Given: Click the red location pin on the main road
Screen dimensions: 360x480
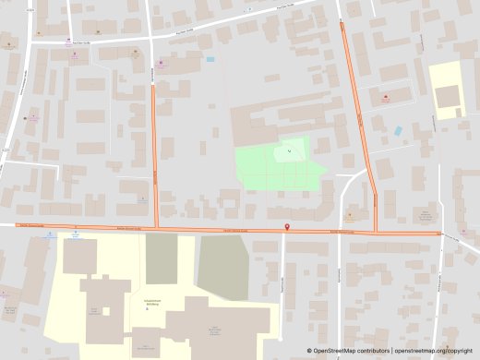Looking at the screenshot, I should (285, 227).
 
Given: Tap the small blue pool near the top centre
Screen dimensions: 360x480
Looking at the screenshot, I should (210, 59).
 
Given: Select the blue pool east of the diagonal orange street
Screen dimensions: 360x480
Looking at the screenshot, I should (398, 131).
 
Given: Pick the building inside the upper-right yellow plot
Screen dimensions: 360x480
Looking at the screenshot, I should (449, 96).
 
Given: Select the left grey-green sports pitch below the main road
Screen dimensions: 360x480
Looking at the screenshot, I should (161, 259).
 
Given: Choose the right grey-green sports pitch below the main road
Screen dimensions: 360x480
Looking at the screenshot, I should (223, 267).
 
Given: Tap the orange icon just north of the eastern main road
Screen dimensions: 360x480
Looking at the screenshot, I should (349, 219).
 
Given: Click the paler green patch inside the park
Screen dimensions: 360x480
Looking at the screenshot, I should (289, 152).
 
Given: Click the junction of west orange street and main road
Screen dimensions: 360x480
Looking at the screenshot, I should (156, 229).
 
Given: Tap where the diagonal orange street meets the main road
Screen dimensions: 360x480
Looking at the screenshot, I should (376, 231).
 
